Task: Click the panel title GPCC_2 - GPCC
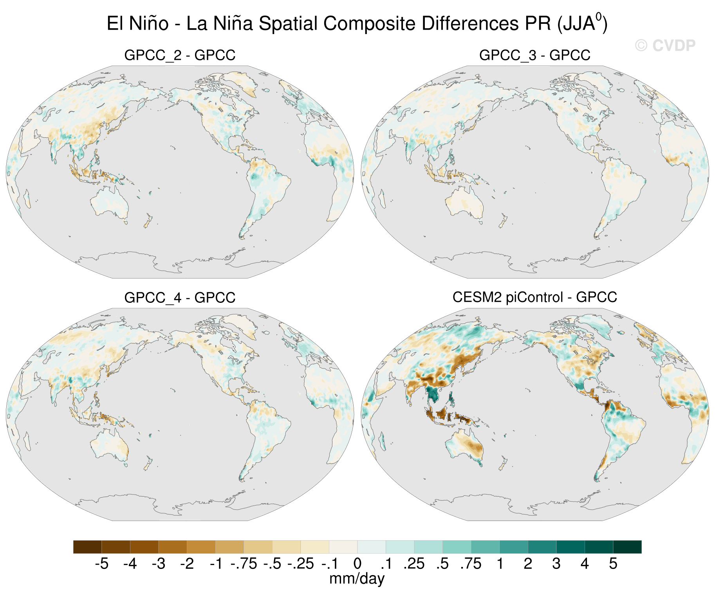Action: [x=180, y=55]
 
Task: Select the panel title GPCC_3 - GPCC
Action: [x=534, y=55]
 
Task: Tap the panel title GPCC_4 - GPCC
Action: [x=180, y=298]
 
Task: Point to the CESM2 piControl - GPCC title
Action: [x=534, y=297]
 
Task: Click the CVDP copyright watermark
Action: [x=665, y=46]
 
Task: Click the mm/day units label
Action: [x=357, y=579]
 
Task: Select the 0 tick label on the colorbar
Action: [x=357, y=564]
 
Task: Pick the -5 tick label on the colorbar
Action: [x=101, y=564]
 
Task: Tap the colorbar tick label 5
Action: [x=613, y=564]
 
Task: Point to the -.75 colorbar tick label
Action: [x=244, y=564]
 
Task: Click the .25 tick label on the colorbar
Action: [x=414, y=564]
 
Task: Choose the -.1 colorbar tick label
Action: [x=329, y=564]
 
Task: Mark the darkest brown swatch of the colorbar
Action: [x=87, y=547]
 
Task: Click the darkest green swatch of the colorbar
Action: [x=627, y=547]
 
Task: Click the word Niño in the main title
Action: [x=149, y=23]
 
